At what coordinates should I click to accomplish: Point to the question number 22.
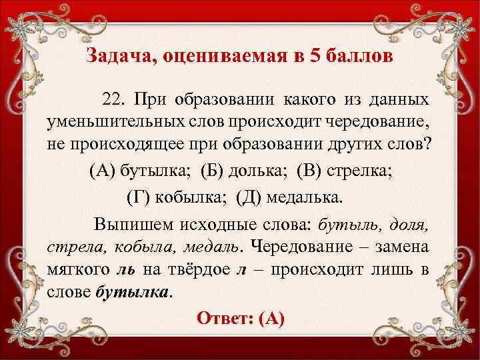coord(115,100)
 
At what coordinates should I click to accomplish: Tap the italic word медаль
coord(205,245)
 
